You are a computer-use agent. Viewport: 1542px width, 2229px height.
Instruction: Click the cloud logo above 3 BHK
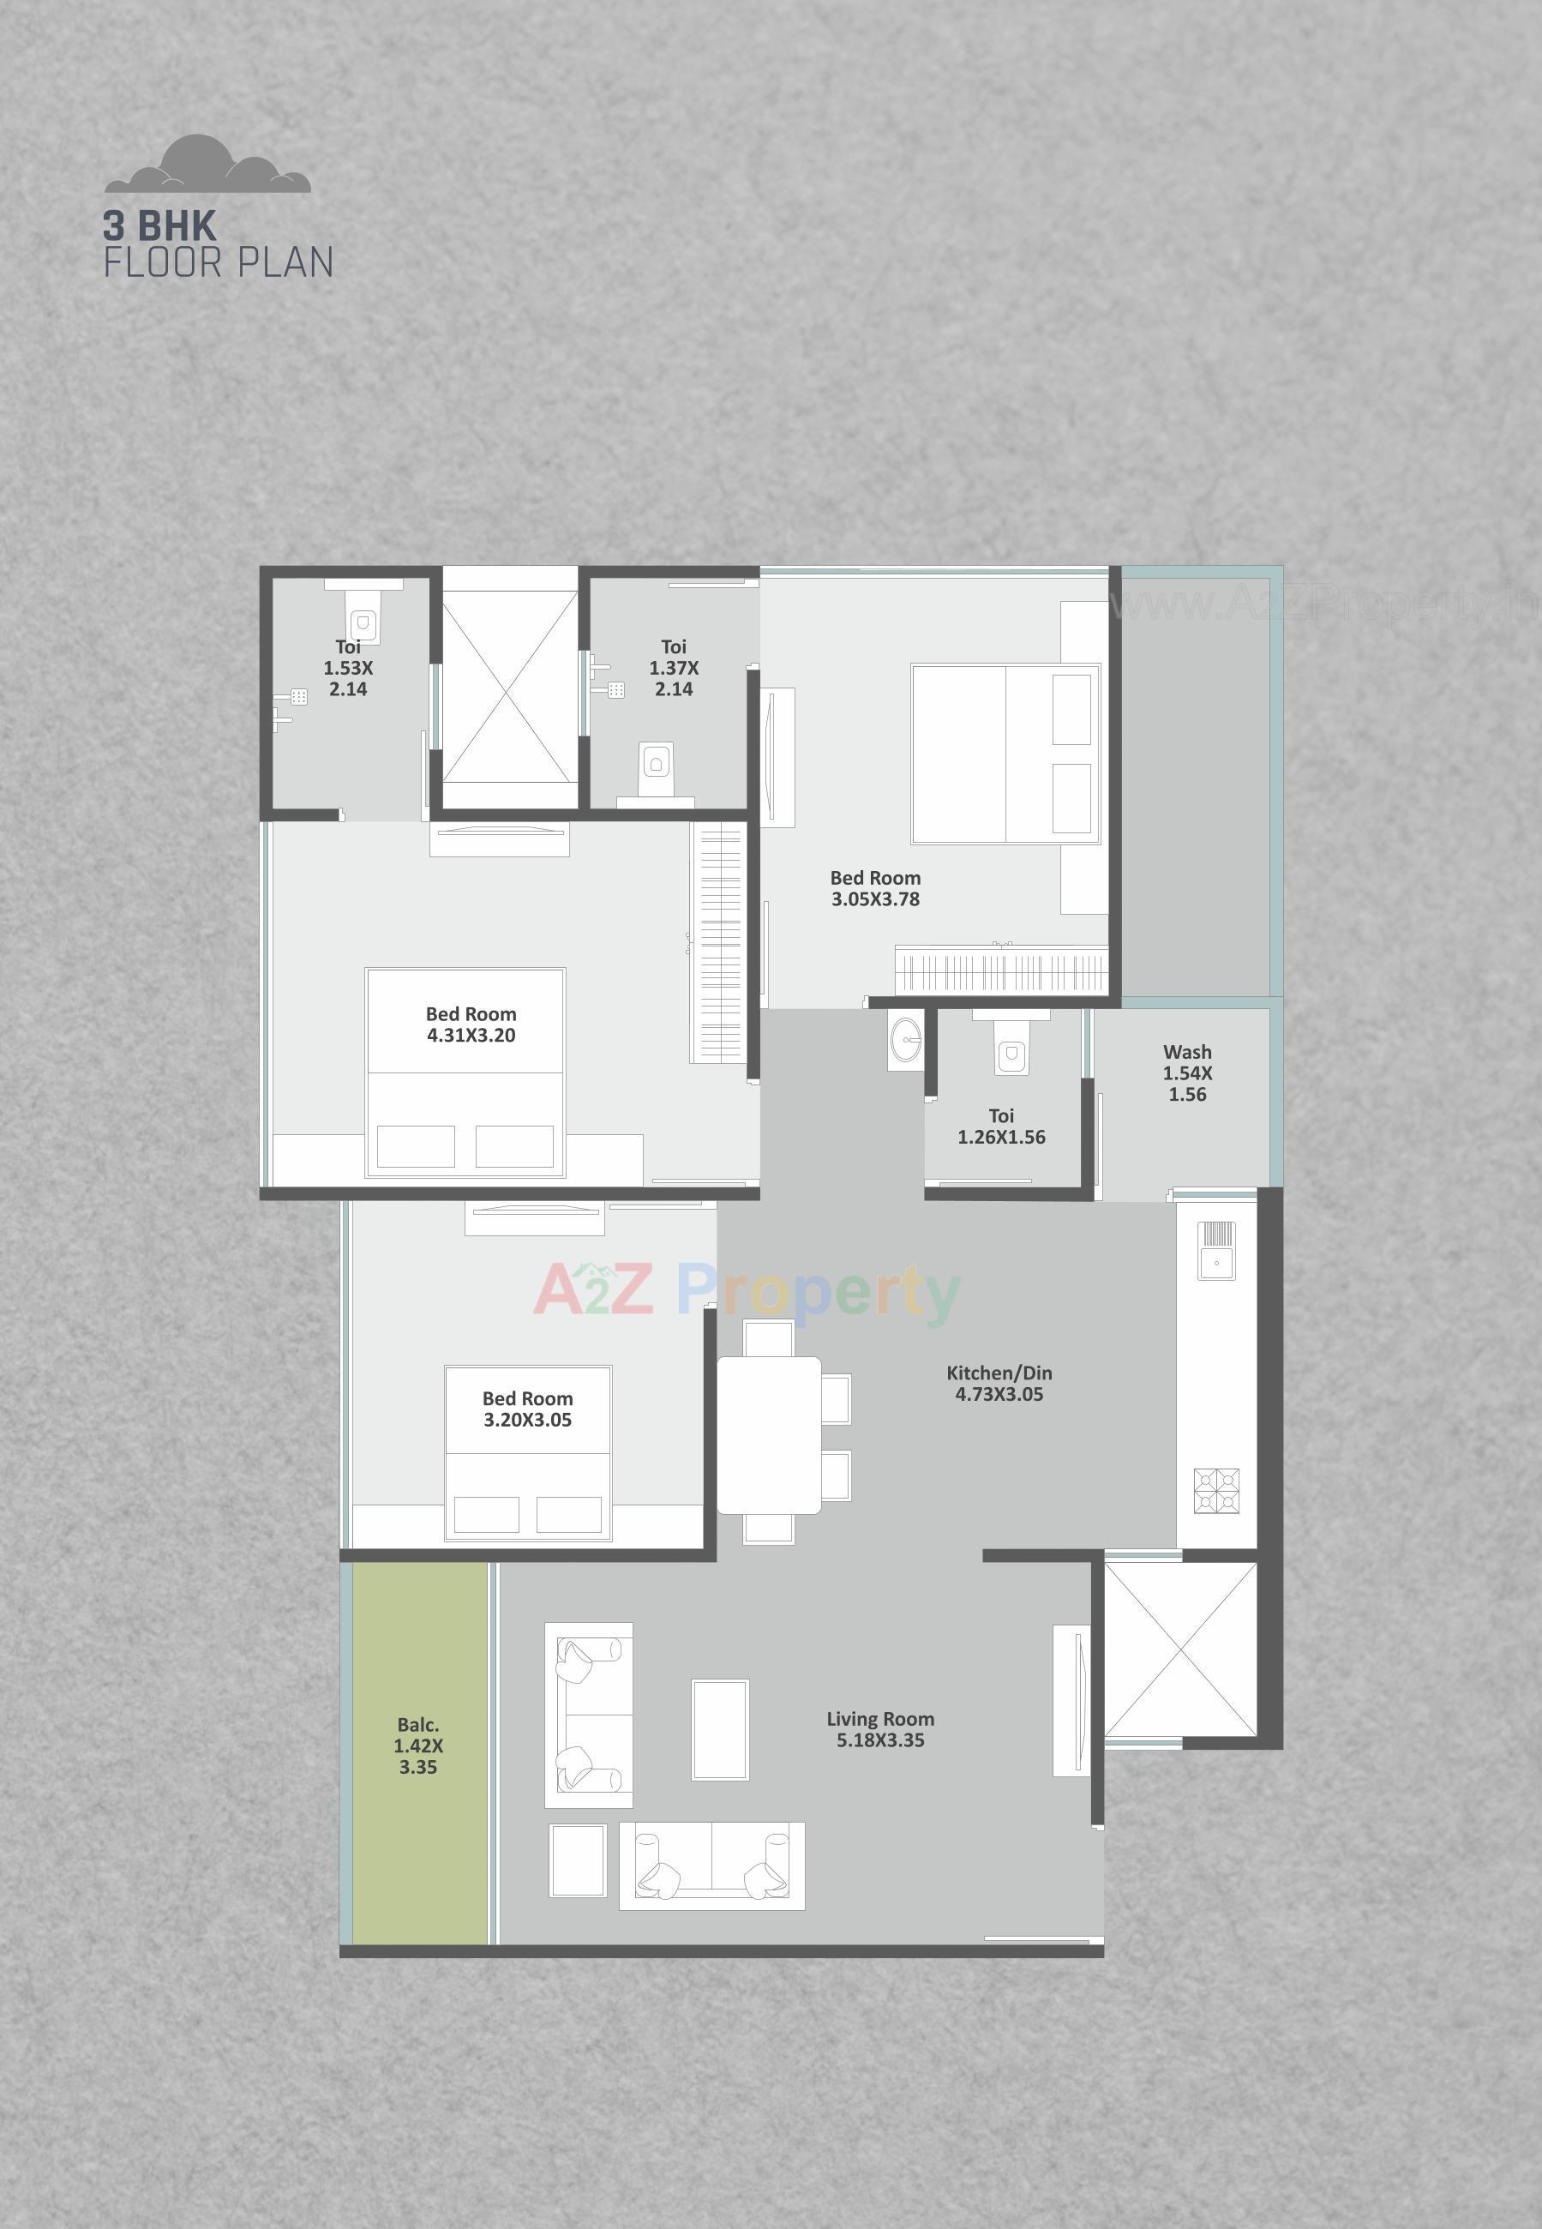point(207,165)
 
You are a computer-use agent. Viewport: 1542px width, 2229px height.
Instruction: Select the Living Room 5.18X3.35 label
point(880,1729)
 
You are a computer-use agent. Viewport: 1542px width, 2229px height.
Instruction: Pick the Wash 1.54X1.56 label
point(1187,1072)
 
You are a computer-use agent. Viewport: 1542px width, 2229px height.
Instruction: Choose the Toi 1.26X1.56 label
point(1001,1127)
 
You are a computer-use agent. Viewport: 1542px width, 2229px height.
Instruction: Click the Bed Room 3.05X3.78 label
point(875,888)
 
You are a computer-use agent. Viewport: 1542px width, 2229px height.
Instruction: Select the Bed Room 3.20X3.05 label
point(527,1409)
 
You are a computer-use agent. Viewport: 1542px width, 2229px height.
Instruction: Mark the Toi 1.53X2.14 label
point(348,668)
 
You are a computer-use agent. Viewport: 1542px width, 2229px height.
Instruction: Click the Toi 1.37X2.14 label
point(674,668)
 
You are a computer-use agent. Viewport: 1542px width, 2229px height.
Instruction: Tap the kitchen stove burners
point(1216,1490)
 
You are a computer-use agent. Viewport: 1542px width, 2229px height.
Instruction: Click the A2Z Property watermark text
point(747,1291)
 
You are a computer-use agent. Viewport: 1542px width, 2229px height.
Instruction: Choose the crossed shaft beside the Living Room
point(1180,1649)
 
